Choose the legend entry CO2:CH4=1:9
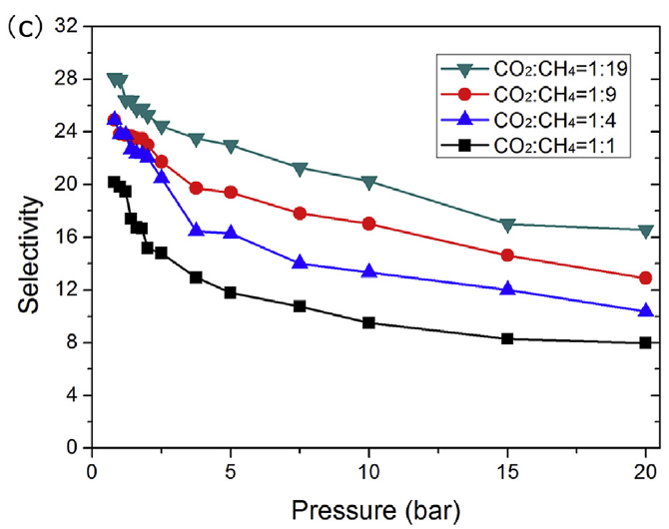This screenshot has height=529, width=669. (531, 94)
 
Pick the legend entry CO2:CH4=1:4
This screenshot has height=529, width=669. (531, 119)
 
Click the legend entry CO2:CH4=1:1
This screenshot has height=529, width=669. (531, 144)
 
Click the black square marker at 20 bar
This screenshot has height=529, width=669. (646, 342)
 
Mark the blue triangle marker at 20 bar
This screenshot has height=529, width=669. (646, 310)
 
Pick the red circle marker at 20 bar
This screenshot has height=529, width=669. (646, 277)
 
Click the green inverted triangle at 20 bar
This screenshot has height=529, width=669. (646, 231)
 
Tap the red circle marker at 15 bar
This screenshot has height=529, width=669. (507, 256)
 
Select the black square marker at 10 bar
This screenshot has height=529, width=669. (369, 322)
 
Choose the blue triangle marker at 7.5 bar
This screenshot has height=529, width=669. (300, 263)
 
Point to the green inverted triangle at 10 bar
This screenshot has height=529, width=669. (369, 182)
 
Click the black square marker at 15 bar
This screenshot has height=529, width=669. (507, 338)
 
